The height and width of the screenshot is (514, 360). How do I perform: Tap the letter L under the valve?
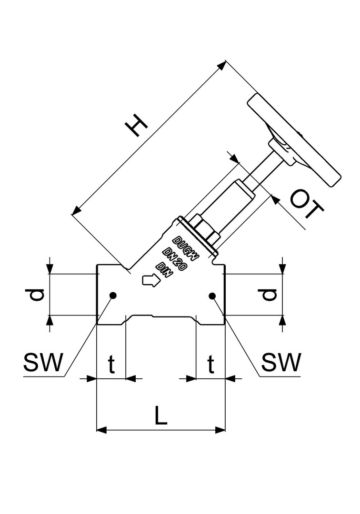point(161,416)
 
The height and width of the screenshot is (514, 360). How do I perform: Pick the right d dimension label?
point(270,295)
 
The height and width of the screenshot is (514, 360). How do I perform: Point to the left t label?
point(111,365)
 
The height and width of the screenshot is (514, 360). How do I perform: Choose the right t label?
point(210,365)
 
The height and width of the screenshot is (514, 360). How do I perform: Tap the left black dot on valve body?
point(113,296)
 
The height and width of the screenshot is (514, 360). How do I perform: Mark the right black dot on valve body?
point(212,296)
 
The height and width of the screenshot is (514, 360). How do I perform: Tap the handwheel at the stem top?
point(294,141)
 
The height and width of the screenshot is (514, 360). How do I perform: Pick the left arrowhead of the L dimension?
point(100,430)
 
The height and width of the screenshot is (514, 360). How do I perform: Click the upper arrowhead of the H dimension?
point(223,65)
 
